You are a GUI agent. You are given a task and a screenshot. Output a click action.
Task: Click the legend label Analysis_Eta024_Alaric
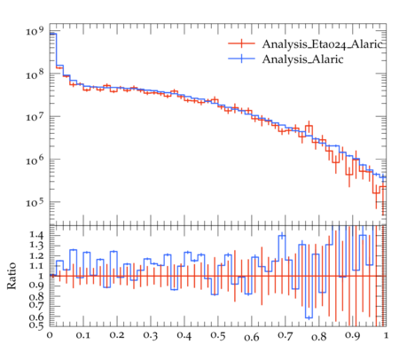pyautogui.click(x=322, y=44)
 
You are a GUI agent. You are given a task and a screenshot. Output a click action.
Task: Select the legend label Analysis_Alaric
pyautogui.click(x=302, y=59)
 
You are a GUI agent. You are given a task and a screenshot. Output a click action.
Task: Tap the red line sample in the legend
pyautogui.click(x=241, y=43)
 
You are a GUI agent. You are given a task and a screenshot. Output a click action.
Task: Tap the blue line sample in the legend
pyautogui.click(x=241, y=59)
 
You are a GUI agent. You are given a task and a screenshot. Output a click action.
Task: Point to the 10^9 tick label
pyautogui.click(x=35, y=31)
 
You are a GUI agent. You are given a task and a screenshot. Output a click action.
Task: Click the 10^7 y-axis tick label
pyautogui.click(x=35, y=116)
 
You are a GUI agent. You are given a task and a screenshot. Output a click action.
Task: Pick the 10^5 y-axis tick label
pyautogui.click(x=35, y=202)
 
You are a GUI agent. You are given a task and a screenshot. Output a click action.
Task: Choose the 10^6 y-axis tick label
pyautogui.click(x=35, y=160)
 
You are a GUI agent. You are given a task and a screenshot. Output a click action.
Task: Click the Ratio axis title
pyautogui.click(x=12, y=276)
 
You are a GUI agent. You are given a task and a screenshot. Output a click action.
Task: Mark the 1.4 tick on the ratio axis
pyautogui.click(x=36, y=236)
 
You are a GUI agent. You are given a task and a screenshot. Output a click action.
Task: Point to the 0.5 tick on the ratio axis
pyautogui.click(x=36, y=325)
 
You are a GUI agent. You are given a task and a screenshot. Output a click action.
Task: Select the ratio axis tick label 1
pyautogui.click(x=41, y=276)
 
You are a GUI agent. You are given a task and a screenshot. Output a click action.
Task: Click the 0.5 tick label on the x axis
pyautogui.click(x=218, y=336)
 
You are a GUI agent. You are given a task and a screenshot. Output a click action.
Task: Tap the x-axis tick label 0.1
pyautogui.click(x=83, y=336)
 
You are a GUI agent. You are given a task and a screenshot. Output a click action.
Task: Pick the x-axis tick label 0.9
pyautogui.click(x=353, y=336)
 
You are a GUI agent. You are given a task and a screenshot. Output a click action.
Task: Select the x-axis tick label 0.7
pyautogui.click(x=286, y=336)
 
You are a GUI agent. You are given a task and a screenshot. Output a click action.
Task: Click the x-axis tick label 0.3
pyautogui.click(x=151, y=336)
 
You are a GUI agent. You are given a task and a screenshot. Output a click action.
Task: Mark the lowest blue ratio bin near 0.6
pyautogui.click(x=309, y=318)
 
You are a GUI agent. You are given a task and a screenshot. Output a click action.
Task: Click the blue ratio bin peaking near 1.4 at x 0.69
pyautogui.click(x=283, y=236)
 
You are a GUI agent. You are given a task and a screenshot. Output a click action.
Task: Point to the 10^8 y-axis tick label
pyautogui.click(x=35, y=74)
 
